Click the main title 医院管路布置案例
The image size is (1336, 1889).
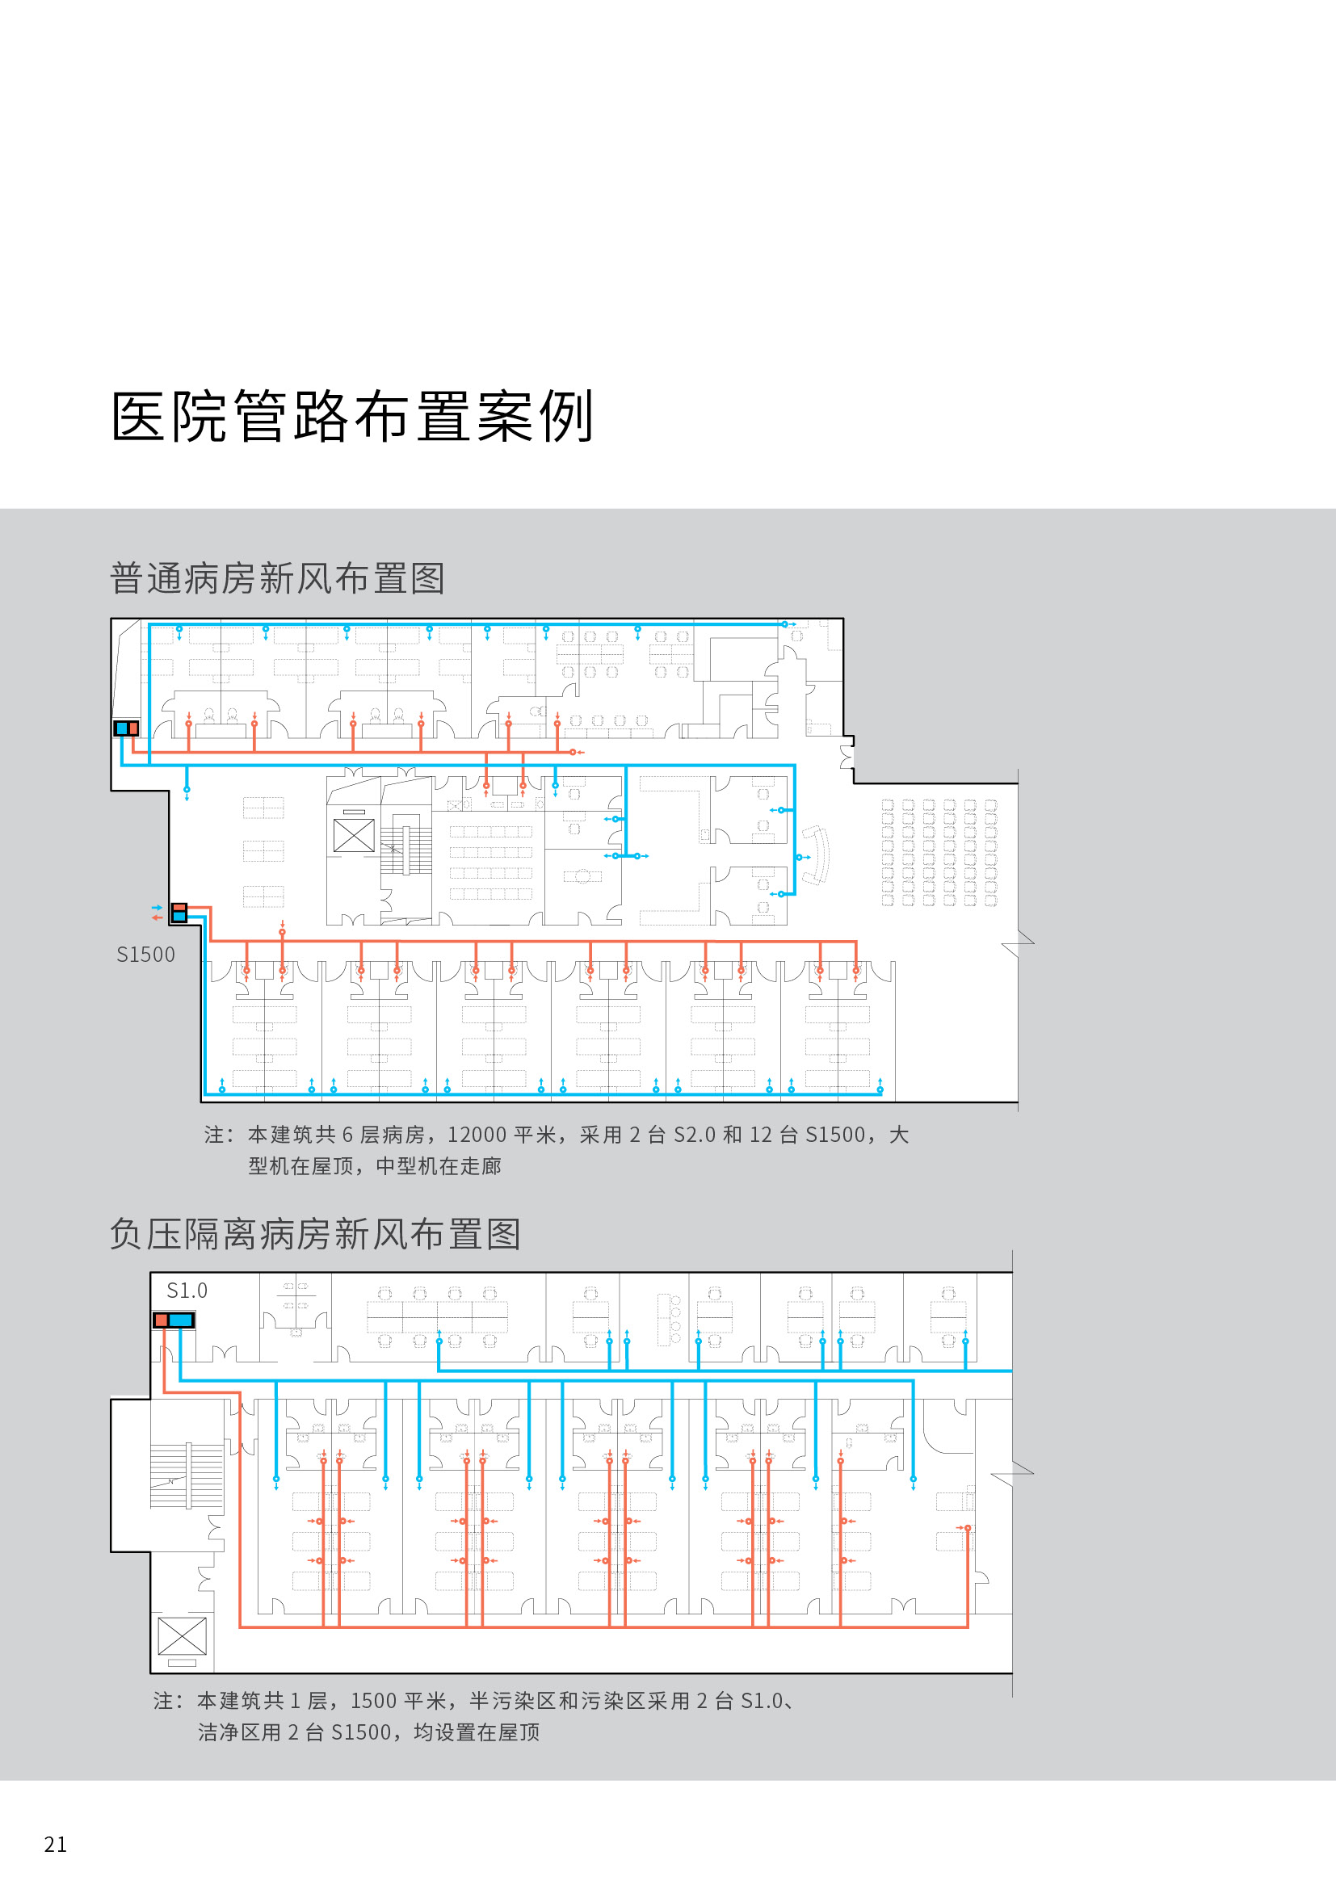point(352,416)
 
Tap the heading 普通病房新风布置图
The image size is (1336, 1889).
point(277,578)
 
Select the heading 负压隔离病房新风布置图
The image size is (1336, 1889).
point(315,1234)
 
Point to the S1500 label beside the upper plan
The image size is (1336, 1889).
point(145,955)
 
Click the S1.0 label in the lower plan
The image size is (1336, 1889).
point(187,1290)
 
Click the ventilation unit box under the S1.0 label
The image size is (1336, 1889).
point(174,1320)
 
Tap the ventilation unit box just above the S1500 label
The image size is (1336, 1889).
point(179,913)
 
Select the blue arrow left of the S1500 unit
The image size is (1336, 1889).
point(157,908)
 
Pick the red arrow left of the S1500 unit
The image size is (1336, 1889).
point(157,917)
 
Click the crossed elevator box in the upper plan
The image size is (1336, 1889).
point(354,836)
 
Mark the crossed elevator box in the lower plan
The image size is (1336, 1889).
point(182,1636)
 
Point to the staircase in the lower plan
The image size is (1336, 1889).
point(187,1476)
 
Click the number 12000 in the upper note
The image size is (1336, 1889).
point(477,1135)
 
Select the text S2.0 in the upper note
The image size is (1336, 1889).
point(695,1135)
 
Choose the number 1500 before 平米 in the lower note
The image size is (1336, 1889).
point(373,1701)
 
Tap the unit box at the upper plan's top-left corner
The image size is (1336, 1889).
point(127,728)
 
